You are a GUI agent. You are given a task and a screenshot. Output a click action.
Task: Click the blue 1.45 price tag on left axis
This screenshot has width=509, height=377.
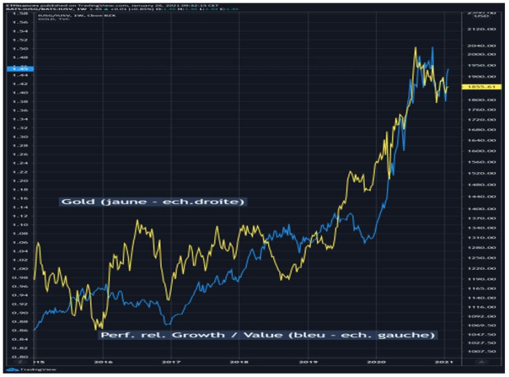point(18,69)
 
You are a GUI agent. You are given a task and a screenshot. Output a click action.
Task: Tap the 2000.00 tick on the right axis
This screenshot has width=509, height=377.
point(482,54)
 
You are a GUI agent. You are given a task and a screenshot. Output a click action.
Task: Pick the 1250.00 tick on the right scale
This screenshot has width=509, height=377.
point(482,258)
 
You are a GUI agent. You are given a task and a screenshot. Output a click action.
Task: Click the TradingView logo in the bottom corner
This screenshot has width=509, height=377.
point(23,370)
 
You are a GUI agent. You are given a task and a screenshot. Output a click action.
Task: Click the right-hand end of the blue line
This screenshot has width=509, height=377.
point(448,69)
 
